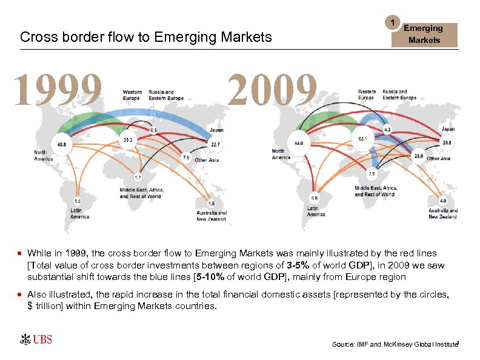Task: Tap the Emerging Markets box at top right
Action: pyautogui.click(x=424, y=35)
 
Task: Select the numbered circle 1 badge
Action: pyautogui.click(x=393, y=23)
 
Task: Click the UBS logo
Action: pyautogui.click(x=36, y=339)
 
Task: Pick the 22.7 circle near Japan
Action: pyautogui.click(x=216, y=144)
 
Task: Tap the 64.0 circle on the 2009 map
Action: pyautogui.click(x=299, y=143)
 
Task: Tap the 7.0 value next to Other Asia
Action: pyautogui.click(x=187, y=158)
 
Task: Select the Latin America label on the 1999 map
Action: pyautogui.click(x=79, y=213)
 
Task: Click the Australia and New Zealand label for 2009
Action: pyautogui.click(x=443, y=213)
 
